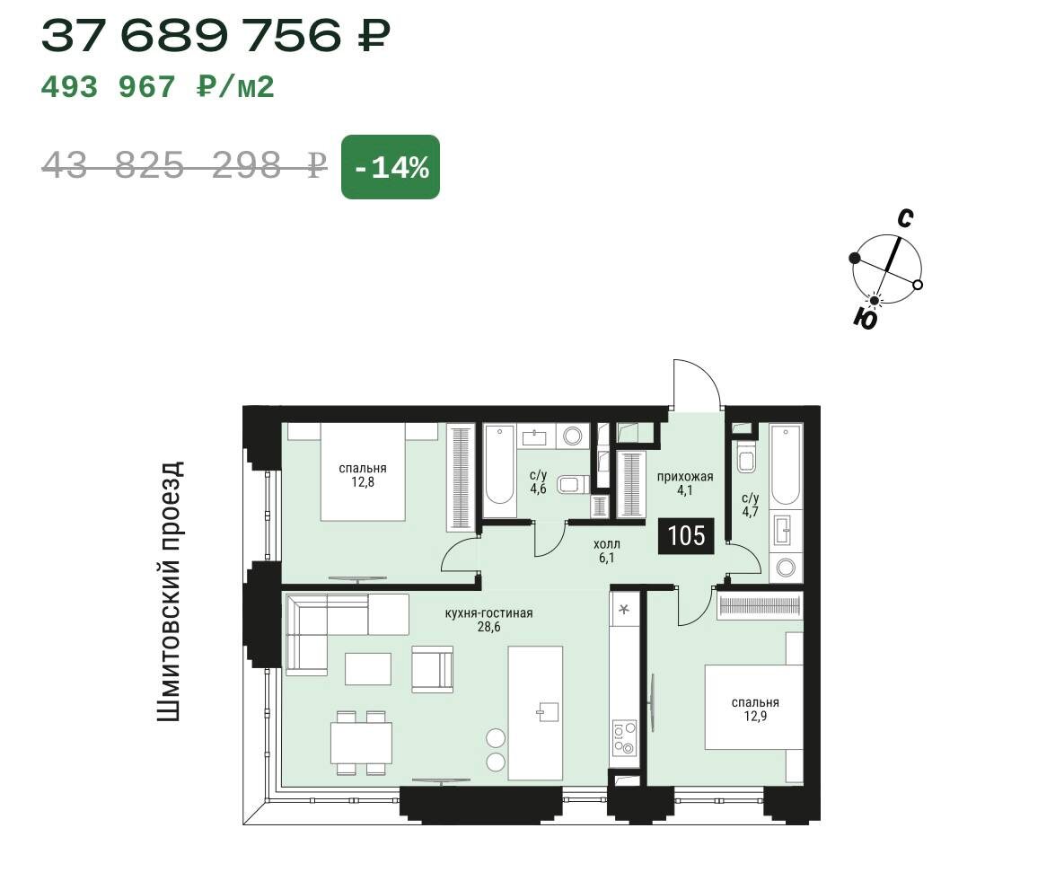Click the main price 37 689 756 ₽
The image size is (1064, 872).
215,35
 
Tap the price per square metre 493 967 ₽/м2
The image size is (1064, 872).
158,87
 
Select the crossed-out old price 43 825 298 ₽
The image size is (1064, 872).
185,165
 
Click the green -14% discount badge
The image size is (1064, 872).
391,167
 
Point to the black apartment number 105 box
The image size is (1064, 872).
687,536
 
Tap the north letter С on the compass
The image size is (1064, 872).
904,218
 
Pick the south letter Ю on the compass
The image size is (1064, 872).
866,318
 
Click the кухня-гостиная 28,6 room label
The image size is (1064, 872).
488,620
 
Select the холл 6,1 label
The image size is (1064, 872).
607,551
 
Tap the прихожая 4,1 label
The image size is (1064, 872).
685,483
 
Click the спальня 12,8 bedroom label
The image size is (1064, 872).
363,475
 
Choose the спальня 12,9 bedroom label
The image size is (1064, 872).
755,709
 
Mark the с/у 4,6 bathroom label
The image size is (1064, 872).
538,481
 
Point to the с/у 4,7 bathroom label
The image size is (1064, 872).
750,505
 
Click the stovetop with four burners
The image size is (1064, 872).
624,738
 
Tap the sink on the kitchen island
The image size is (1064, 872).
549,711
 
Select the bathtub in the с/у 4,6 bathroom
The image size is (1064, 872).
499,465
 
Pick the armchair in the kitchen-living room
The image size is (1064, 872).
432,669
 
